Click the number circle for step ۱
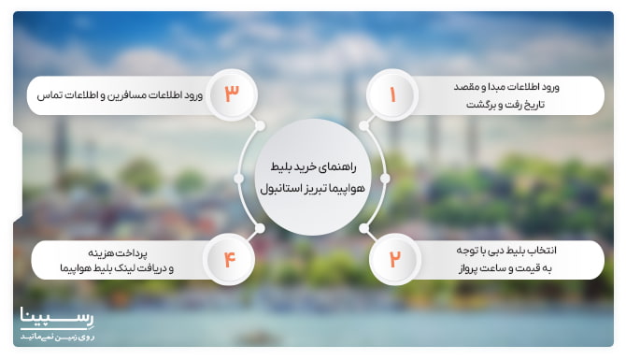[x=393, y=94]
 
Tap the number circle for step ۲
[x=393, y=259]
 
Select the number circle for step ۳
[x=232, y=94]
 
